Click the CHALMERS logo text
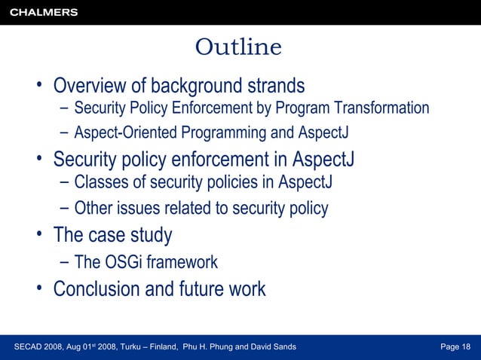pyautogui.click(x=44, y=12)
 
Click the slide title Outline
pyautogui.click(x=238, y=47)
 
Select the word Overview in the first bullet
pyautogui.click(x=96, y=84)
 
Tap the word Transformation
pyautogui.click(x=382, y=108)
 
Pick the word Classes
pyautogui.click(x=100, y=183)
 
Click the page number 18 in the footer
pyautogui.click(x=465, y=346)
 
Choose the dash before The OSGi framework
pyautogui.click(x=64, y=262)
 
